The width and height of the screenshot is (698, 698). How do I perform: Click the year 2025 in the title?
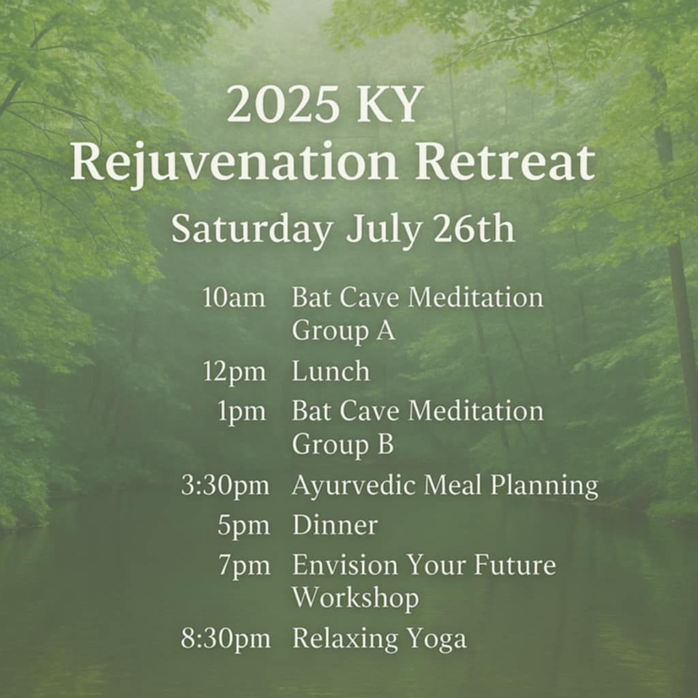(282, 104)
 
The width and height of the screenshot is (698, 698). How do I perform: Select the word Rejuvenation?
(234, 162)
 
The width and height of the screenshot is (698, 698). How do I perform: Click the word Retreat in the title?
(505, 162)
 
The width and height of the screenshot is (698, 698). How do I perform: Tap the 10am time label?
(234, 297)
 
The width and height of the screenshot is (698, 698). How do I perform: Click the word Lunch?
(331, 371)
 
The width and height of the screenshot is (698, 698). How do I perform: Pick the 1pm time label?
(242, 412)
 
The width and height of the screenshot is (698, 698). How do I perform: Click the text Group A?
(344, 331)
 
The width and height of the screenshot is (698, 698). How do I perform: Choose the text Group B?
(343, 444)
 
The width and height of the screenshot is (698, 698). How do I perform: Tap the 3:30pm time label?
(225, 485)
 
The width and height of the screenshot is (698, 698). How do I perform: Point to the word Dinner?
(335, 525)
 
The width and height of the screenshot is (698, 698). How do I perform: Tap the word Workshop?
(356, 598)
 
